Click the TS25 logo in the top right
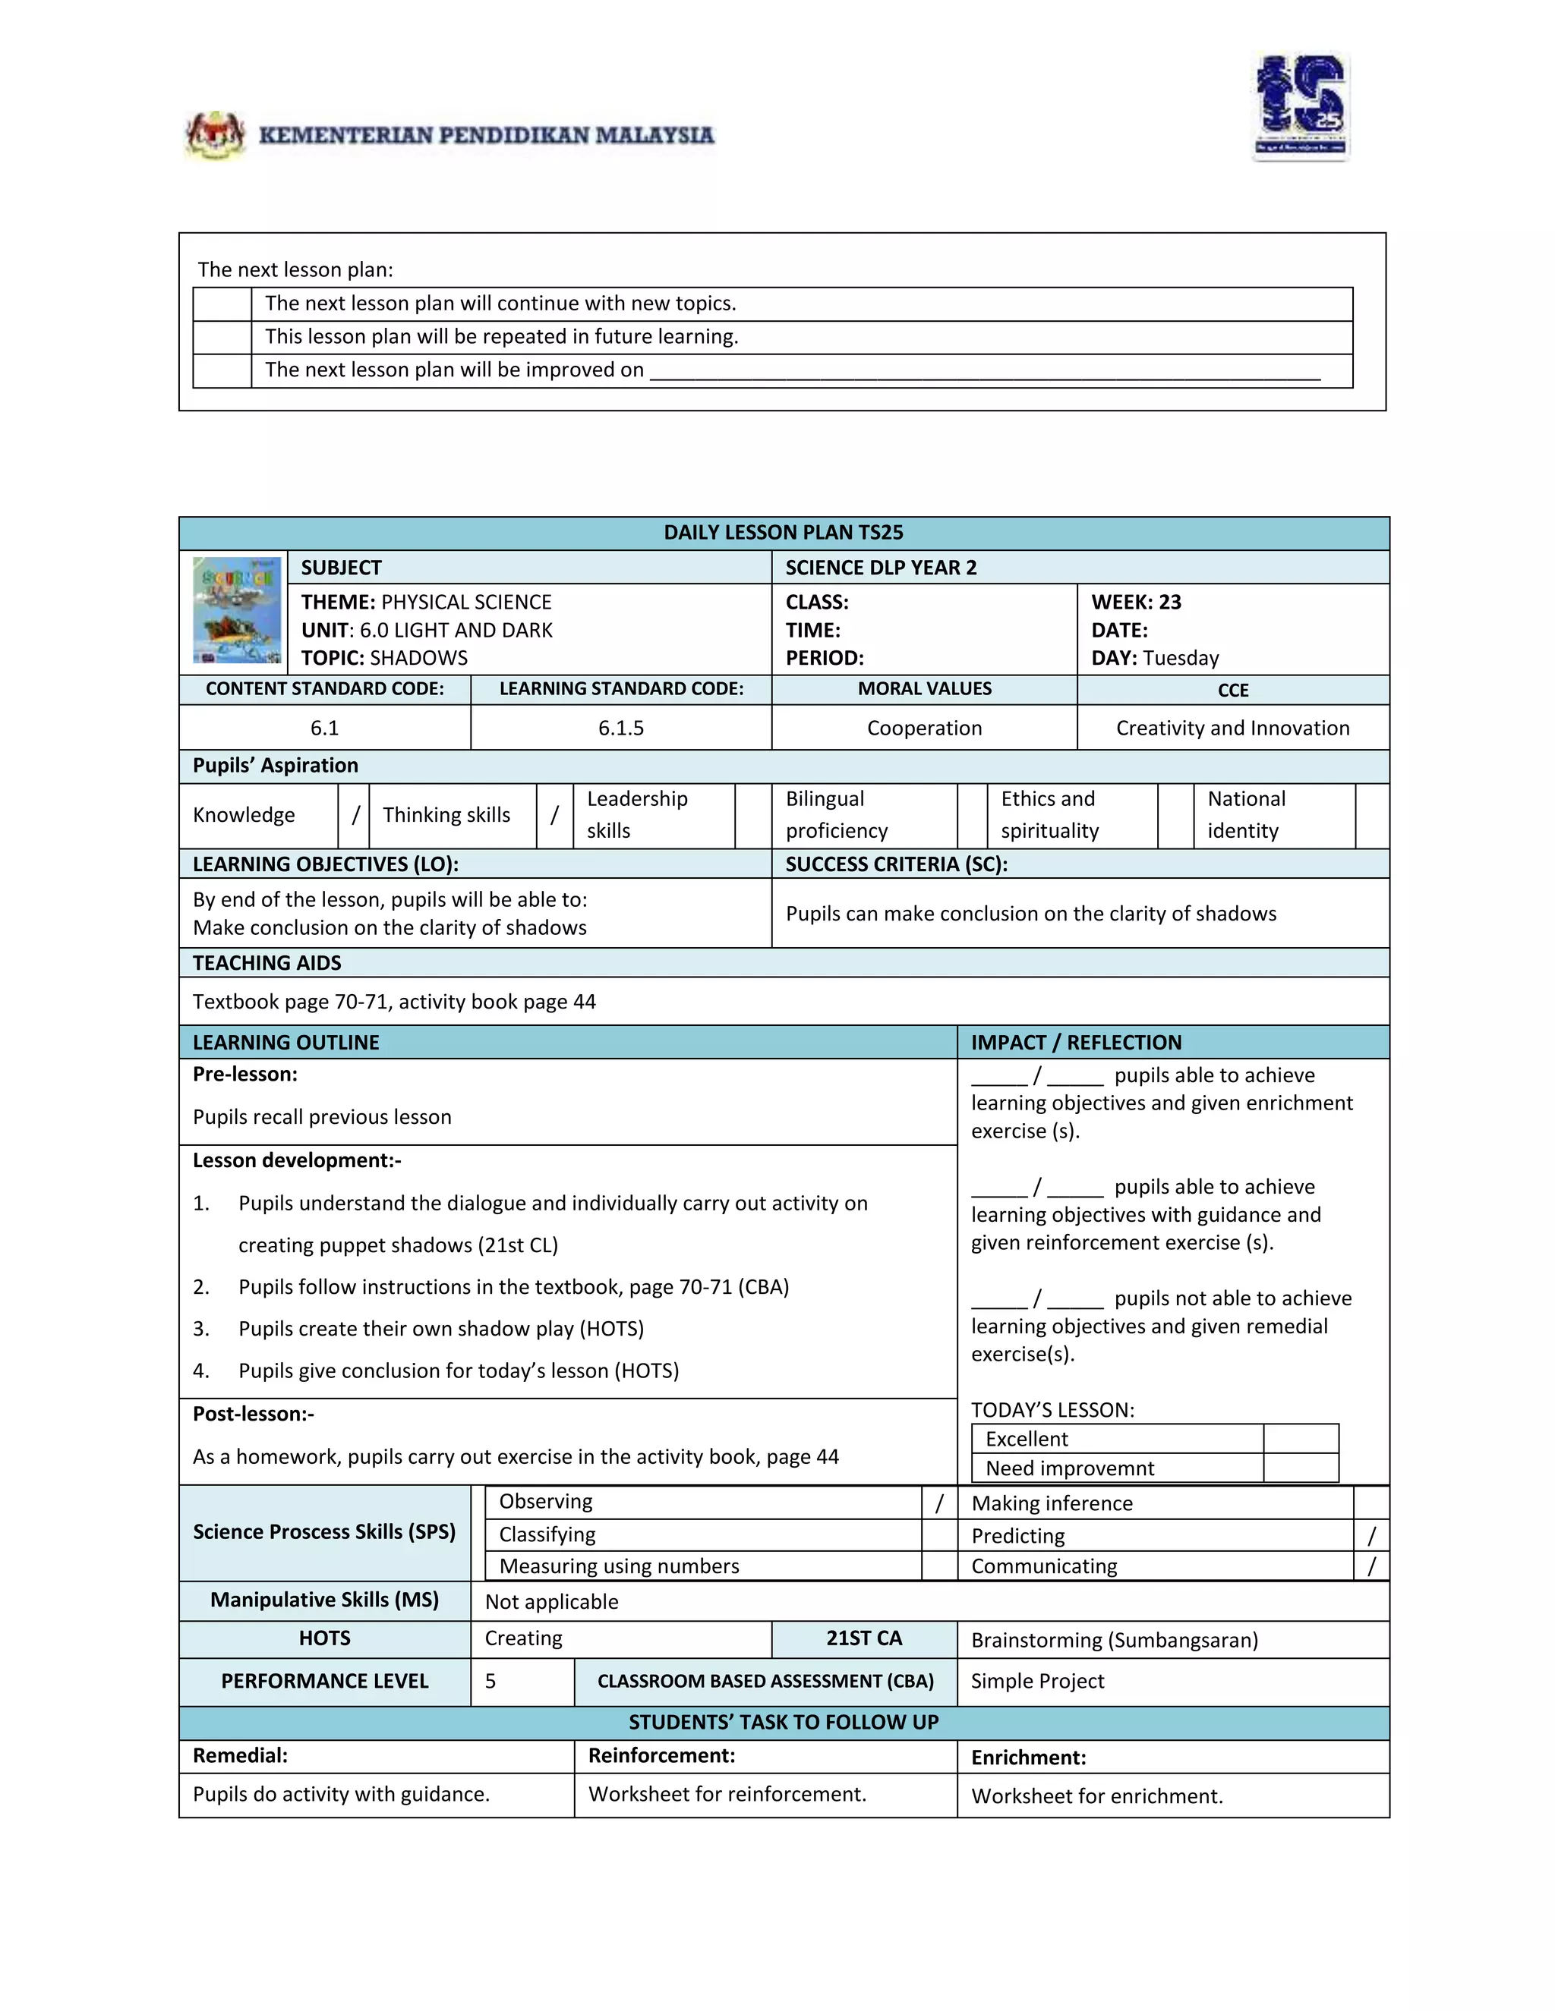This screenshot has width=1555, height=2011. coord(1301,107)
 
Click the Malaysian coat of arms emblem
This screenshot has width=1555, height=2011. coord(216,135)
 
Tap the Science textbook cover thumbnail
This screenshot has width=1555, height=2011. coord(237,609)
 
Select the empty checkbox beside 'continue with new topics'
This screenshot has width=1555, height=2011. coord(222,304)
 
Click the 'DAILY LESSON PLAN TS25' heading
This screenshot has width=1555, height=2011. coord(783,532)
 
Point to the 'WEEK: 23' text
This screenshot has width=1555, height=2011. coord(1136,603)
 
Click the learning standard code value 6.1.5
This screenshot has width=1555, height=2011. coord(621,728)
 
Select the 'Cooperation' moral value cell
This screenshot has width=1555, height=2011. coord(924,728)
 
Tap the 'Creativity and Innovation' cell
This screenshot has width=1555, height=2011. coord(1232,728)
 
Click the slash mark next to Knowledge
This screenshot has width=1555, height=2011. coord(355,815)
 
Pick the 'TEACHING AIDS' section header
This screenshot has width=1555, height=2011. coord(267,962)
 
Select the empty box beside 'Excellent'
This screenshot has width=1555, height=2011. coord(1300,1438)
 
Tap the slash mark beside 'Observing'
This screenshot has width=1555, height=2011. coord(938,1503)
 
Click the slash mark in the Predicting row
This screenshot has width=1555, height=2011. coord(1370,1535)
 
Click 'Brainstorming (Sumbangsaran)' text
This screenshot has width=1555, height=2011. coord(1115,1640)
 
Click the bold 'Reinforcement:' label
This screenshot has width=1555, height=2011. coord(661,1755)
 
